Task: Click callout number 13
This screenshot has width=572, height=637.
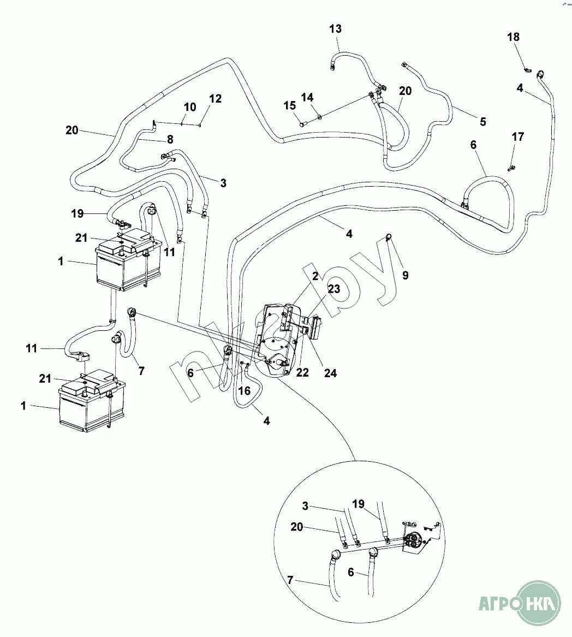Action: click(336, 29)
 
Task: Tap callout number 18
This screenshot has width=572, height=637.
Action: click(514, 37)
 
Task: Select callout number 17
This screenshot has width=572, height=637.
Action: click(518, 136)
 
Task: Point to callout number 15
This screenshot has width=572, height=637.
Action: click(289, 104)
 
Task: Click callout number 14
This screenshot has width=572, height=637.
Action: click(308, 98)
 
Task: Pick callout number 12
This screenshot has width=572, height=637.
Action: click(216, 99)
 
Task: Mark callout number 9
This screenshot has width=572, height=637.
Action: click(405, 276)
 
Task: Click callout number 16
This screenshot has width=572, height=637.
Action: click(245, 390)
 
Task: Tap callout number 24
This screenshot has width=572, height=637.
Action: click(330, 373)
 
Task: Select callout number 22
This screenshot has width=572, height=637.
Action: click(302, 372)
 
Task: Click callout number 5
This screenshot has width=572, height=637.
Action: click(482, 121)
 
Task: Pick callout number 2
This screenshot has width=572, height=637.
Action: click(315, 277)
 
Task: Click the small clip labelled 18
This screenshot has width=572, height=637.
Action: click(527, 70)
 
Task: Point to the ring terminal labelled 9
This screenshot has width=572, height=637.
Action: click(389, 236)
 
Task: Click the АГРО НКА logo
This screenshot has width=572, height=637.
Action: click(519, 605)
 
